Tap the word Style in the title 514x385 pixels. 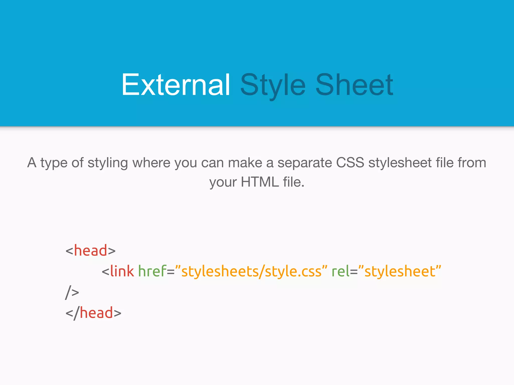coord(273,85)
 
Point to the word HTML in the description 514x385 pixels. coord(260,182)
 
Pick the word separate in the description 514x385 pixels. coord(305,163)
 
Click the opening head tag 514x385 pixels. coord(90,250)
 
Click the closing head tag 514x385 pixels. coord(93,313)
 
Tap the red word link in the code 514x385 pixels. coord(122,271)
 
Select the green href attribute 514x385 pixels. coord(152,271)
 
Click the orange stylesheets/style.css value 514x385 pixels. coord(251,272)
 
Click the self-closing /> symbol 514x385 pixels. coord(72,292)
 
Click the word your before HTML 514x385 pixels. coord(223,182)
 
